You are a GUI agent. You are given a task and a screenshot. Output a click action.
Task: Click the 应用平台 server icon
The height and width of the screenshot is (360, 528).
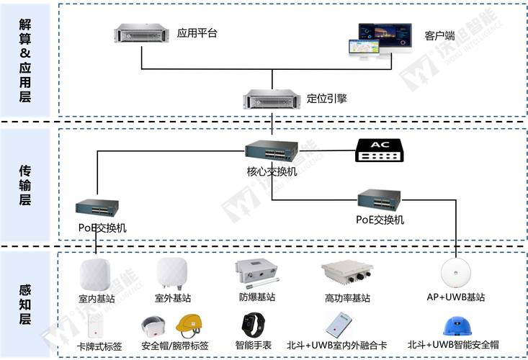(x=141, y=34)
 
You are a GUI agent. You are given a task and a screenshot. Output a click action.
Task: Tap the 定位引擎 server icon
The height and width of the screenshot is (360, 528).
(x=270, y=99)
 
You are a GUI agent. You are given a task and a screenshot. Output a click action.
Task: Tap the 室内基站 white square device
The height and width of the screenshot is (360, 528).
(x=97, y=274)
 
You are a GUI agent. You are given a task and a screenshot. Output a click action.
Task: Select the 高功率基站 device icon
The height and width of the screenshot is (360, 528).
(x=347, y=274)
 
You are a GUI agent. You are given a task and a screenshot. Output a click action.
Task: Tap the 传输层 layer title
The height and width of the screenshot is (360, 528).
(x=26, y=184)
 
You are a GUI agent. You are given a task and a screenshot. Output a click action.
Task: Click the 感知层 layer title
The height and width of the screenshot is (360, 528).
(x=26, y=302)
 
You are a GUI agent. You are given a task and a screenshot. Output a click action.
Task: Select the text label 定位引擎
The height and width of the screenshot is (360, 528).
(x=326, y=98)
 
